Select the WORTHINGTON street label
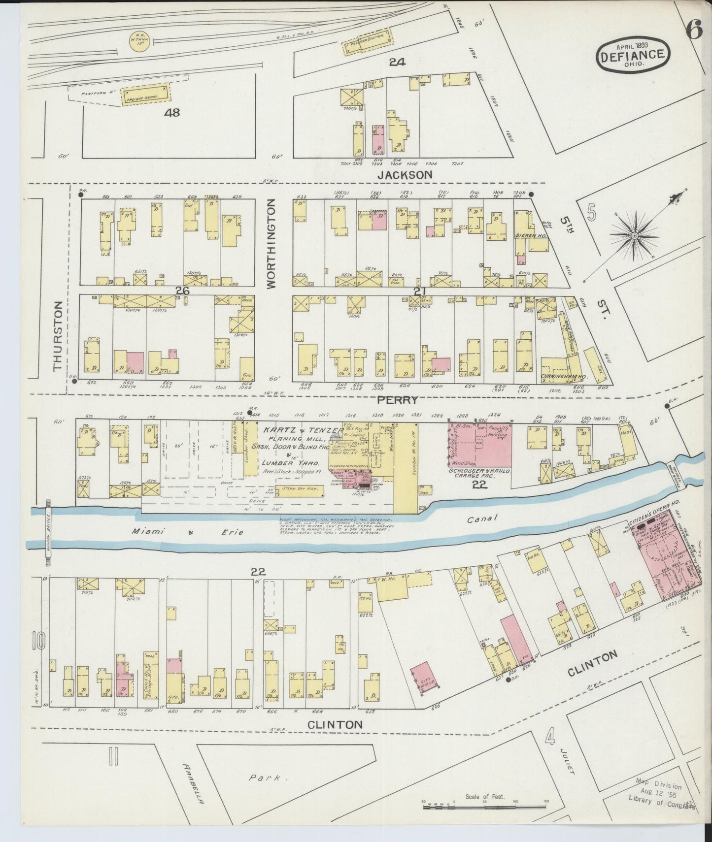(x=272, y=247)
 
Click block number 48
(x=172, y=113)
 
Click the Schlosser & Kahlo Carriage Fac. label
(x=479, y=473)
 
